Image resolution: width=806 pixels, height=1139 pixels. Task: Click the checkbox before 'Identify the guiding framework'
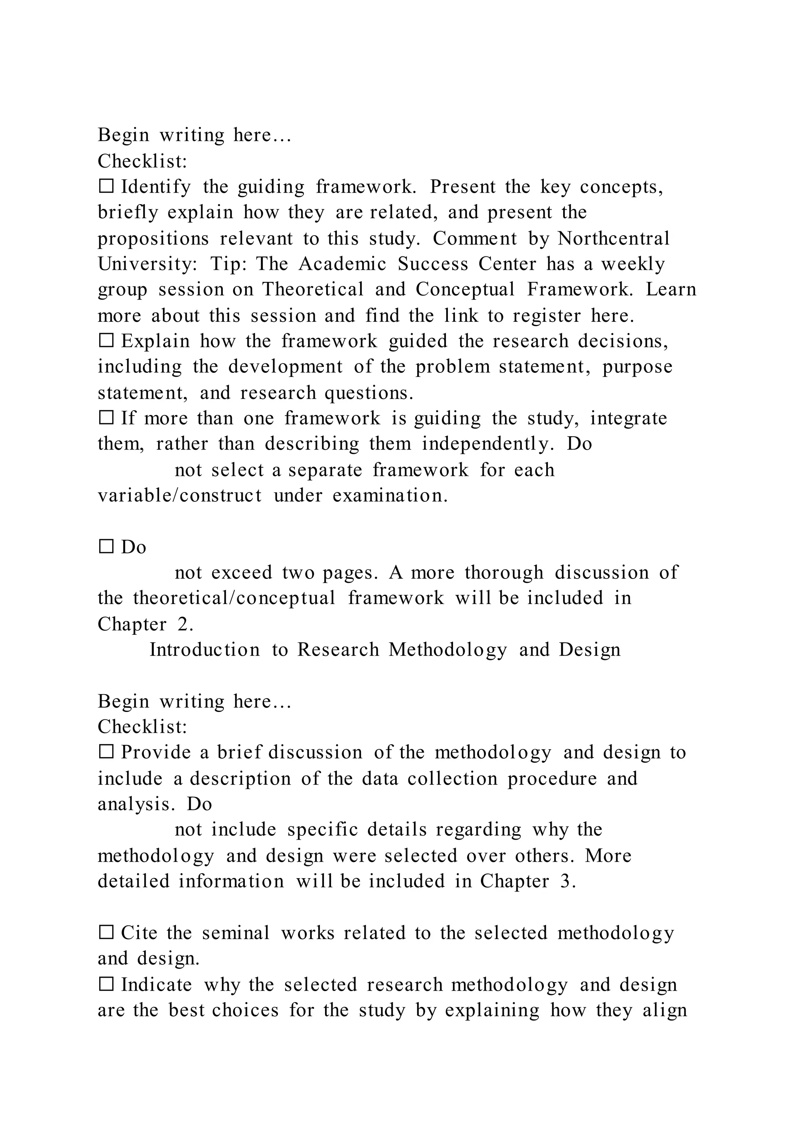coord(106,187)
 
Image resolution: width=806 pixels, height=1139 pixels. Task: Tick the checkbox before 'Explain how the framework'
coord(106,341)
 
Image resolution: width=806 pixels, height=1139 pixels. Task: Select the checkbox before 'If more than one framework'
coord(106,418)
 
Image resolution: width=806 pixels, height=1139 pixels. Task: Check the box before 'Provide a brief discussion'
coord(106,752)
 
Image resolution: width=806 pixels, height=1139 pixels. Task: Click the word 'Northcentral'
coord(614,239)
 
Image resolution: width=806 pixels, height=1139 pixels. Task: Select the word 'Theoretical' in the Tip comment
coord(312,290)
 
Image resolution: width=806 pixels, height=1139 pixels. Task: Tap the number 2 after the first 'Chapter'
coord(185,625)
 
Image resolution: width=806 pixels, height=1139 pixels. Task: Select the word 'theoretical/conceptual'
coord(234,598)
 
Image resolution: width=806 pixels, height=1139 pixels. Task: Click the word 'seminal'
coord(236,933)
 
